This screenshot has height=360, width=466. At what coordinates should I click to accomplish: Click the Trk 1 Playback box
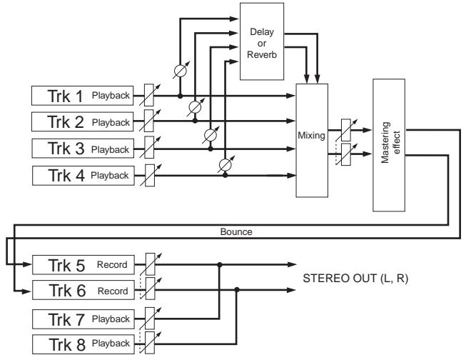82,96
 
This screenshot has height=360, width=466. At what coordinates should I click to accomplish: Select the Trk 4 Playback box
83,176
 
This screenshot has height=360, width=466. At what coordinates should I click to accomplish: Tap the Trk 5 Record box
83,264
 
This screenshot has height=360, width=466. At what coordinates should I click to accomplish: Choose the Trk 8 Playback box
83,344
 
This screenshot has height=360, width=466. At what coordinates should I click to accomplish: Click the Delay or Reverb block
262,41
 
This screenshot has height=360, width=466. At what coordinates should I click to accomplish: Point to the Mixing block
312,141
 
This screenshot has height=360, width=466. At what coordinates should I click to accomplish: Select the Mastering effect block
389,145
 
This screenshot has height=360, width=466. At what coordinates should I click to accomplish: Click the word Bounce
236,231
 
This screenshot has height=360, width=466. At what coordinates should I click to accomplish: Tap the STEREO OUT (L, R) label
355,278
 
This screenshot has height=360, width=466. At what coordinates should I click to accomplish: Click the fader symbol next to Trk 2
149,121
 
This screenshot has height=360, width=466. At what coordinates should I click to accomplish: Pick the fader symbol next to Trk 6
151,289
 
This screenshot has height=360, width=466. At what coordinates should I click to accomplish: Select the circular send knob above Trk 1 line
180,71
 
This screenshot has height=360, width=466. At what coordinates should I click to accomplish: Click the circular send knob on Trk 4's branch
225,164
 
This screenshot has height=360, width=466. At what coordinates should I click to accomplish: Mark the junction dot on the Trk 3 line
211,149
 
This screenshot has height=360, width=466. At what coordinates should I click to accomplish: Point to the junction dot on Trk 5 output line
219,264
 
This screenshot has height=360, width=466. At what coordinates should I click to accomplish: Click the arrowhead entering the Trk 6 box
27,291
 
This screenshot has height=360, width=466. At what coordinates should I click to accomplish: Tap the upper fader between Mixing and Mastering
346,130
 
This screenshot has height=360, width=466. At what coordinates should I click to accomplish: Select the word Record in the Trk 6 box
113,291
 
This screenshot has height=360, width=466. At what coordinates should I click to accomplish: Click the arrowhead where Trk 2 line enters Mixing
290,121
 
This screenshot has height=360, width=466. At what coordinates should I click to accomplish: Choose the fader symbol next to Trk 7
150,319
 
